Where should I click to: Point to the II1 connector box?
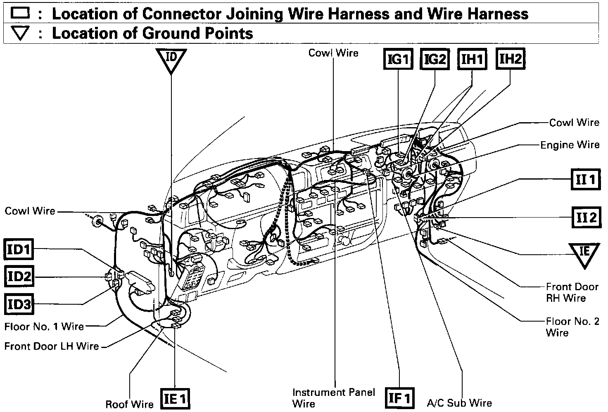585,180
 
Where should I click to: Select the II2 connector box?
585,217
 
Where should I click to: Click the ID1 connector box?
19,249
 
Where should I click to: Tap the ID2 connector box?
19,276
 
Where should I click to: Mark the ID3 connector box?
19,304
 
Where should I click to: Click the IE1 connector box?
176,399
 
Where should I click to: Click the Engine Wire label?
570,145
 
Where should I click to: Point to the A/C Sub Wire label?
459,403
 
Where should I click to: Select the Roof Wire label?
129,404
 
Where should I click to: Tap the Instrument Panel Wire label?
333,398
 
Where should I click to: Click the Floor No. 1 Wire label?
44,327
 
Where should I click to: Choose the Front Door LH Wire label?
52,346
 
